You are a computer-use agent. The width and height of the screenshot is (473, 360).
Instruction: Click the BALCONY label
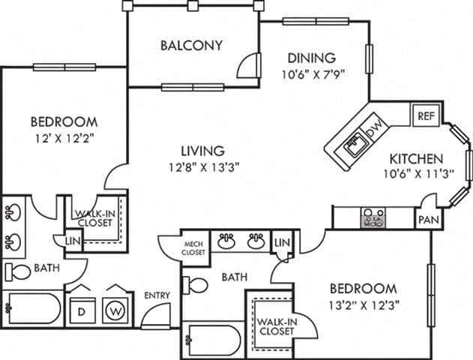(x=191, y=45)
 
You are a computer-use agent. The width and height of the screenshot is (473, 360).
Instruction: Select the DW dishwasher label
(x=377, y=126)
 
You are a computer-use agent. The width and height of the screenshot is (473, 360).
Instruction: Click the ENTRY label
(x=157, y=295)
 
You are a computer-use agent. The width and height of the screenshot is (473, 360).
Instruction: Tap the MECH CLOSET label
(x=193, y=249)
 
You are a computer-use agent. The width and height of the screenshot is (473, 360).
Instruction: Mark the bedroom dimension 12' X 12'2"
(x=64, y=138)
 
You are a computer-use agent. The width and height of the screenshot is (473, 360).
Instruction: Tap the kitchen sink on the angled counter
(x=354, y=142)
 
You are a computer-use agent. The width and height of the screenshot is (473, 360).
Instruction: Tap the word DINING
(x=310, y=58)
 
